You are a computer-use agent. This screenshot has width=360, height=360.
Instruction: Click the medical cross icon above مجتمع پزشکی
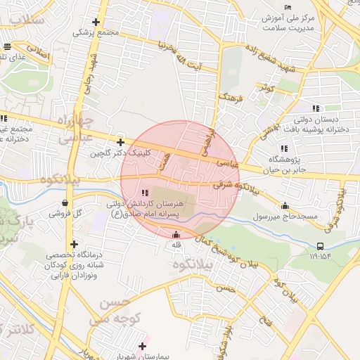click(96, 22)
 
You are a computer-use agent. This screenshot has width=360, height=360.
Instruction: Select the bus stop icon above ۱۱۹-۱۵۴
click(321, 246)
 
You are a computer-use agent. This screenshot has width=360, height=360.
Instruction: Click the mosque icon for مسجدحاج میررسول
click(285, 206)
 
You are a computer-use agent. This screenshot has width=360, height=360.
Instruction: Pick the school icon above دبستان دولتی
click(316, 108)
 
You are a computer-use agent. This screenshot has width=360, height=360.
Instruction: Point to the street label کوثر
click(265, 89)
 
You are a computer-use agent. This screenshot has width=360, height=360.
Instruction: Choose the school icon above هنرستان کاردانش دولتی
click(145, 193)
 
